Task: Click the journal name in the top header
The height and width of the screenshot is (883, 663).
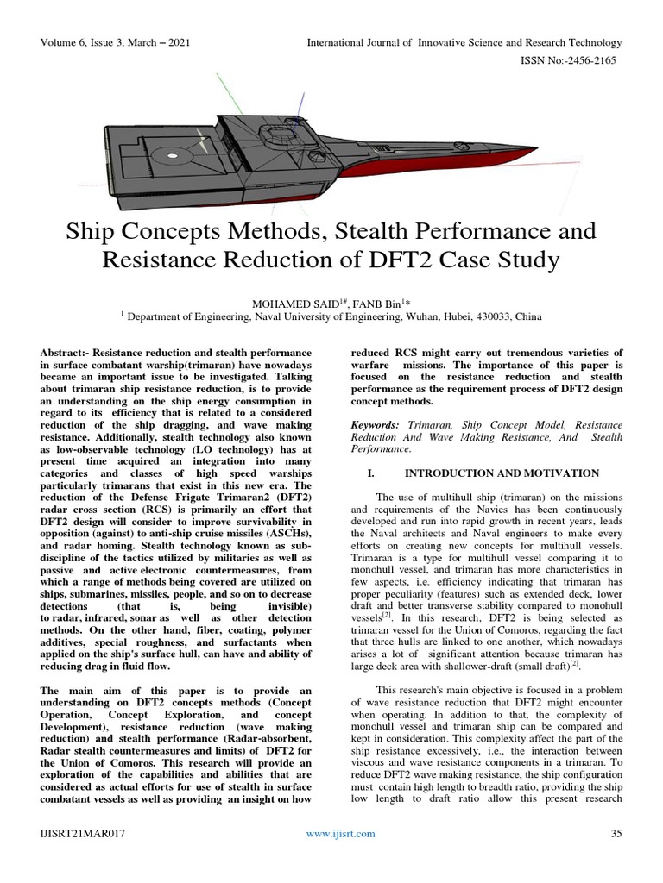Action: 464,42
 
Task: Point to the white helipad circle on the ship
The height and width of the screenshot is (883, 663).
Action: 174,157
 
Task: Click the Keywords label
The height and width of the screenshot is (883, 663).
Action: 376,425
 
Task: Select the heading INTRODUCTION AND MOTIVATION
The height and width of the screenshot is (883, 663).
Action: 502,473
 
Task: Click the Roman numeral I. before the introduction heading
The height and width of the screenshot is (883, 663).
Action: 374,473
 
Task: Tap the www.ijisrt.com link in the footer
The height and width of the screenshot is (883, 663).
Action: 342,857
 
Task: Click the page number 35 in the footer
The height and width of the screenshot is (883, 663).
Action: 616,857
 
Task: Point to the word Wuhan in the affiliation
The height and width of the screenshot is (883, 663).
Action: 393,316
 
